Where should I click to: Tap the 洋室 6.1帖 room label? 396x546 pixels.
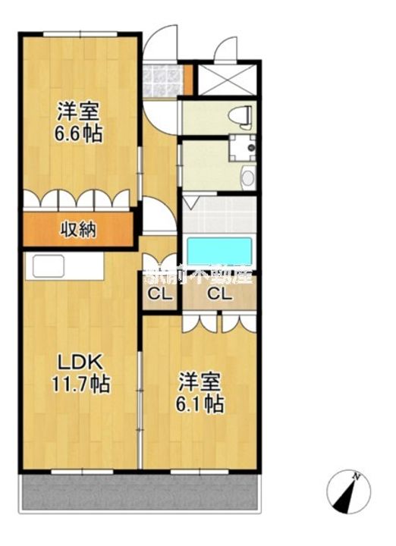click(x=201, y=393)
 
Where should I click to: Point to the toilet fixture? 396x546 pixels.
click(x=241, y=117)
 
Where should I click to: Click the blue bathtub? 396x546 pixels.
click(x=218, y=249)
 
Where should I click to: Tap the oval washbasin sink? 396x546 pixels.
click(x=247, y=178)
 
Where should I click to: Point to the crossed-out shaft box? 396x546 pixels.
click(x=228, y=79)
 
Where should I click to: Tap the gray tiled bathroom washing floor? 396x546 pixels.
click(x=218, y=215)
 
